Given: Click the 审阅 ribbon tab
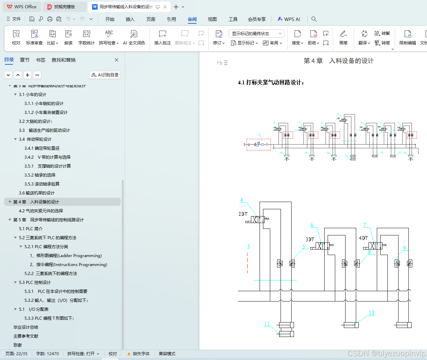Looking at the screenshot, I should click(192, 19).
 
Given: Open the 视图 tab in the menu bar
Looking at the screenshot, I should click(212, 19).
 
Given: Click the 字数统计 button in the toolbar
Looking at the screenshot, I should click(86, 38).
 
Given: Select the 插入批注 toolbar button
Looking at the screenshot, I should click(162, 38).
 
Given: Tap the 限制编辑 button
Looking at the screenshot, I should click(407, 38).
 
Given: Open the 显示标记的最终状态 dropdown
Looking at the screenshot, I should click(256, 33).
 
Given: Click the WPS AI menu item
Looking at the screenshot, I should click(289, 19).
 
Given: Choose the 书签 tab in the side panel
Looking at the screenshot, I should click(41, 60).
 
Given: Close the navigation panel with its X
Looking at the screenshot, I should click(117, 60).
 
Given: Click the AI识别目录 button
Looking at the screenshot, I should click(105, 75).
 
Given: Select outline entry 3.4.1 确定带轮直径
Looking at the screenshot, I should click(42, 148).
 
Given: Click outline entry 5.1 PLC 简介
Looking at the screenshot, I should click(31, 229).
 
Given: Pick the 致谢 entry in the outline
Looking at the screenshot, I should click(18, 345).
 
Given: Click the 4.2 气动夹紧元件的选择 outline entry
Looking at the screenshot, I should click(41, 211).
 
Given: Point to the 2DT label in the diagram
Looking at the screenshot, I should click(243, 214).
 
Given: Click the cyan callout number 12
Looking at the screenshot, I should click(372, 313).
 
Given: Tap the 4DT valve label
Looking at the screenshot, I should click(363, 238).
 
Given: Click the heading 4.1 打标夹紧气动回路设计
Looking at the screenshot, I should click(271, 82).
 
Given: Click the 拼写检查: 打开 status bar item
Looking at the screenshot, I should click(83, 354).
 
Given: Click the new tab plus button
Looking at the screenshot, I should click(176, 7).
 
